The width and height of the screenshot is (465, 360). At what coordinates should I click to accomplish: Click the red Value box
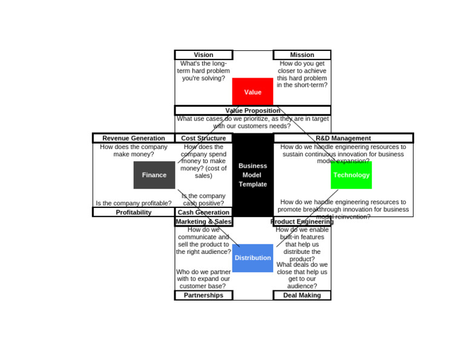click(x=252, y=92)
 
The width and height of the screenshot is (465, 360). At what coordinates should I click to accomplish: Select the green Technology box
click(x=351, y=175)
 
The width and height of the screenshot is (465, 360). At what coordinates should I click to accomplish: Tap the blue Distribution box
click(x=252, y=258)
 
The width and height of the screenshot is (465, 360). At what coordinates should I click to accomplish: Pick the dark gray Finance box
click(x=154, y=175)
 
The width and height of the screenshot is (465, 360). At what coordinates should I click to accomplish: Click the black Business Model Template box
click(x=252, y=175)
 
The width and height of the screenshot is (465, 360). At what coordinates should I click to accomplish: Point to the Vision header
click(x=203, y=55)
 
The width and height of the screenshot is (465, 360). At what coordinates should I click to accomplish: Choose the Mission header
click(x=302, y=55)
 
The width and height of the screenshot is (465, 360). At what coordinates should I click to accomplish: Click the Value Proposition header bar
click(x=252, y=110)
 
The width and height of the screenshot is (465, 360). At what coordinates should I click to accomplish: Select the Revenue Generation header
click(x=133, y=138)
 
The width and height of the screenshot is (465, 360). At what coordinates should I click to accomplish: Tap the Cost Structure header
click(x=203, y=138)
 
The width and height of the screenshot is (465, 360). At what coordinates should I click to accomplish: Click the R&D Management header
click(x=343, y=138)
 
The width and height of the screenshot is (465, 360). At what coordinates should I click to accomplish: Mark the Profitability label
click(x=133, y=212)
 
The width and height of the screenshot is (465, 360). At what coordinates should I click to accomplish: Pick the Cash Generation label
click(x=203, y=212)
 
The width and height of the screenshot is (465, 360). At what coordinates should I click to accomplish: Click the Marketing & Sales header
click(x=203, y=222)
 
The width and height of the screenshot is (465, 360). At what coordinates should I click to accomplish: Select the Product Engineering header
click(x=302, y=222)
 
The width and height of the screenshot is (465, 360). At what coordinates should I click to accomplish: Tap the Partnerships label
click(x=203, y=295)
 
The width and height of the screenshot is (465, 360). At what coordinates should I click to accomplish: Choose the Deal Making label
click(x=302, y=295)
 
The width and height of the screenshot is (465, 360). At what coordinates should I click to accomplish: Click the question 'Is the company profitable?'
click(x=133, y=204)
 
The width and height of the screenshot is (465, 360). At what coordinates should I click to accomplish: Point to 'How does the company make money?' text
click(x=133, y=150)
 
